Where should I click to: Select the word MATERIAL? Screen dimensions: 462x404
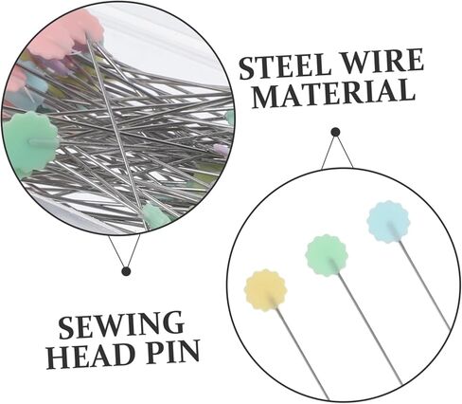pyautogui.click(x=333, y=94)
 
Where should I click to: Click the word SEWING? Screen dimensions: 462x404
pyautogui.click(x=121, y=325)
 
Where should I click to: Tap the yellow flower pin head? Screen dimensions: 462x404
pyautogui.click(x=266, y=290)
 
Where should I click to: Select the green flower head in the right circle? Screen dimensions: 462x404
pyautogui.click(x=326, y=255)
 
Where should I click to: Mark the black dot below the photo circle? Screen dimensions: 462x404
pyautogui.click(x=126, y=271)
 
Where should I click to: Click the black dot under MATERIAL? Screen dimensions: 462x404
pyautogui.click(x=335, y=132)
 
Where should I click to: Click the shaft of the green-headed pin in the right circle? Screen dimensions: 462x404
pyautogui.click(x=369, y=329)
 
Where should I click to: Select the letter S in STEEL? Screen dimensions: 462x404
pyautogui.click(x=247, y=69)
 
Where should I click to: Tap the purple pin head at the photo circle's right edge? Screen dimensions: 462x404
pyautogui.click(x=222, y=150)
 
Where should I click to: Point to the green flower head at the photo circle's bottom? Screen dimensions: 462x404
pyautogui.click(x=155, y=216)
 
